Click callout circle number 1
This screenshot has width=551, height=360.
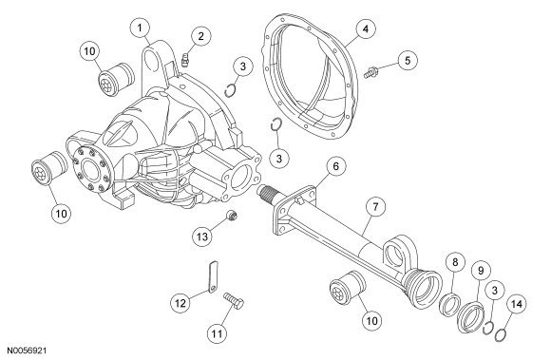tap(140, 28)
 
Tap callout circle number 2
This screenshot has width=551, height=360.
tap(200, 36)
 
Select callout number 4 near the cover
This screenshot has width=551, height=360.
tap(366, 28)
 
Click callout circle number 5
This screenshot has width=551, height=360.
tap(408, 61)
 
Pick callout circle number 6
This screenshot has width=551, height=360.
tap(336, 166)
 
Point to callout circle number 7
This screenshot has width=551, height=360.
tap(375, 207)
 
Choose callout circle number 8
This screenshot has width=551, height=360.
tap(455, 262)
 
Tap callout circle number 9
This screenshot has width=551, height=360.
tap(481, 271)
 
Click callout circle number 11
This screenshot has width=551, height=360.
tap(217, 333)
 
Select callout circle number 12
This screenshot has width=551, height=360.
tap(180, 303)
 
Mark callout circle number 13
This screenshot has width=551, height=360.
tap(202, 237)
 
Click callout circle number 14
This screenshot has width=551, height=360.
tap(517, 305)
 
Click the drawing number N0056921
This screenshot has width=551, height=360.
tap(27, 351)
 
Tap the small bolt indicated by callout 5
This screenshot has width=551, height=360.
tap(370, 73)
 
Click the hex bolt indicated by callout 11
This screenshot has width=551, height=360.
tap(234, 301)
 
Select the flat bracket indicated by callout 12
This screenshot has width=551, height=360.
tap(213, 276)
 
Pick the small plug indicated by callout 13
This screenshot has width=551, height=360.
tap(231, 215)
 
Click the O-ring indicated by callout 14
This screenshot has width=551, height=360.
tap(500, 334)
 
